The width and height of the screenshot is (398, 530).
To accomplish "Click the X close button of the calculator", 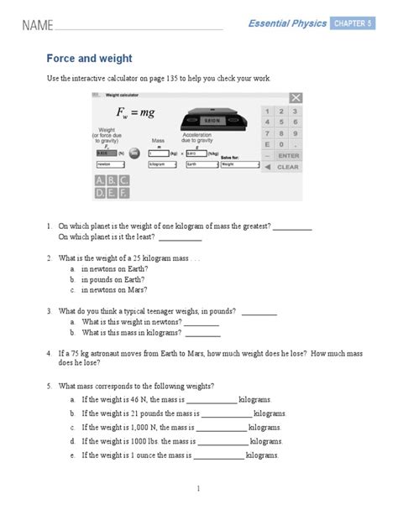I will point(295,97).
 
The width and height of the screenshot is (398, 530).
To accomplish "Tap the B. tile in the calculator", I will point(110,180).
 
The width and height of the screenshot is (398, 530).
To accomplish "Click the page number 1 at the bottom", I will point(199,487).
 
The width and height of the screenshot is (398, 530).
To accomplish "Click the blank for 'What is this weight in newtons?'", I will point(202,322).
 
